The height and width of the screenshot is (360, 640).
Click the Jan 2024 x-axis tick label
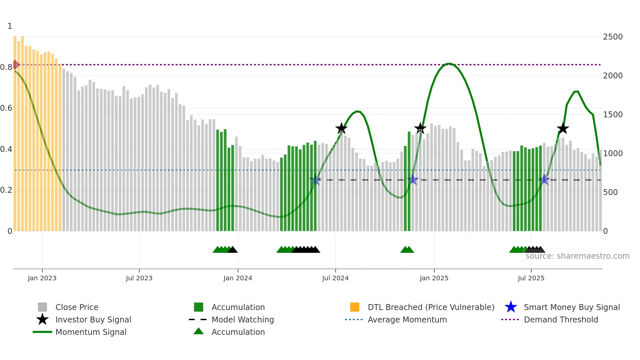(x=238, y=278)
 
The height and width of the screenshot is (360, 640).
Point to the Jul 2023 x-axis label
(x=139, y=278)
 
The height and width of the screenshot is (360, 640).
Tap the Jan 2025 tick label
(x=434, y=278)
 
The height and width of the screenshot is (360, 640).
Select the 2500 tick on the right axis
(x=613, y=37)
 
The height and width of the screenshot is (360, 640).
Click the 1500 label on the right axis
(x=613, y=115)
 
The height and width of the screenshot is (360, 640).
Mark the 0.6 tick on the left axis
(x=6, y=108)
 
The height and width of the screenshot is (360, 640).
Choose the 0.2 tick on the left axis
(x=6, y=190)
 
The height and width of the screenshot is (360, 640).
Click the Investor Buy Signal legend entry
(x=93, y=319)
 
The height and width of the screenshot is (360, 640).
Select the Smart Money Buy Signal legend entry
(x=571, y=307)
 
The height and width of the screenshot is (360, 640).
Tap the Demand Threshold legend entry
(x=561, y=319)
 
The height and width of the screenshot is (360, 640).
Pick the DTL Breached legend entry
(x=431, y=307)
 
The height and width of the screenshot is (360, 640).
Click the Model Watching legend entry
(x=243, y=319)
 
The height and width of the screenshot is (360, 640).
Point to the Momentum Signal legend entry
(x=91, y=332)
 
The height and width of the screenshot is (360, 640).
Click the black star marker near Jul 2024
(x=341, y=128)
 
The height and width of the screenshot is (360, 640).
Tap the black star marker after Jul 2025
(x=563, y=128)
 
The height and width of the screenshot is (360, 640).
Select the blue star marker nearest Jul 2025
(x=544, y=180)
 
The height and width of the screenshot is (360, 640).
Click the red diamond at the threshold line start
(x=15, y=65)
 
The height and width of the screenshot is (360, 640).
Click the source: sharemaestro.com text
(x=577, y=256)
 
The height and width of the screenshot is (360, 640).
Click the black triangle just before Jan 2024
(x=232, y=250)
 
